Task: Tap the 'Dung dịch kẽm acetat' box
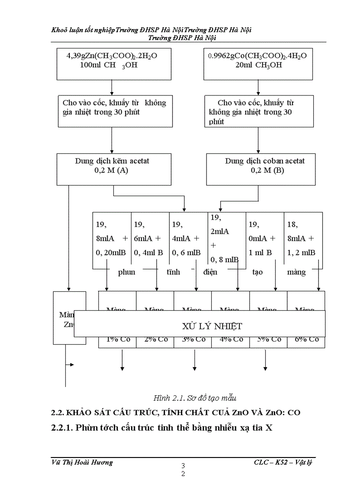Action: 114,169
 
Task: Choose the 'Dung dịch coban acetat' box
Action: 261,169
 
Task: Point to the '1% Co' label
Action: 117,339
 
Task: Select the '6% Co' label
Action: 306,339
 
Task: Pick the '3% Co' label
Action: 193,339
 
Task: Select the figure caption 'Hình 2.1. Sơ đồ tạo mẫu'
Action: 188,398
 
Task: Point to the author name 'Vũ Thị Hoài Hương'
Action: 82,462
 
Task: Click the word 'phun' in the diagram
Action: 127,272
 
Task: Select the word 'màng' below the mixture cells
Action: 296,272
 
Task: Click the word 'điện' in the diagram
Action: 210,272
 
